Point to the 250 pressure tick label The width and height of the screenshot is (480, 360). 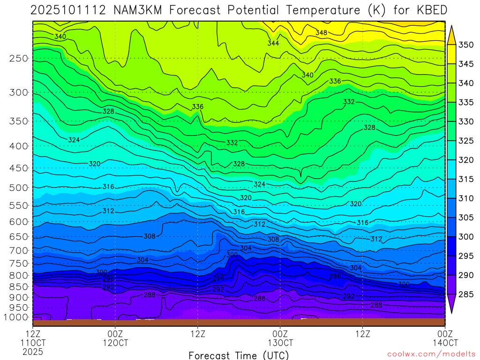(x=18, y=59)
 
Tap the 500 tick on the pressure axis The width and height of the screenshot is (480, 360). (x=18, y=187)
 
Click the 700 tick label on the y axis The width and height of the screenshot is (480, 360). (x=18, y=250)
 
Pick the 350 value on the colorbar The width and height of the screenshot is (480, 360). (x=465, y=45)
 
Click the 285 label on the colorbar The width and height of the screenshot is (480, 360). (x=465, y=294)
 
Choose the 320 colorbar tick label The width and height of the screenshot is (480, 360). (x=465, y=160)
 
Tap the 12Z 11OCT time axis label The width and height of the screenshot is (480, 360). (x=32, y=338)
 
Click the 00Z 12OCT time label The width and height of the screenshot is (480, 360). (x=115, y=338)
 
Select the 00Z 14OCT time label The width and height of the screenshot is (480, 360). (x=445, y=338)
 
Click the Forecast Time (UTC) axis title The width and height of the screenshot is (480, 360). (x=239, y=355)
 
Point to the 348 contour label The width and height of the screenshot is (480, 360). (x=321, y=32)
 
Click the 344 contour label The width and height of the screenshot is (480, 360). (x=273, y=43)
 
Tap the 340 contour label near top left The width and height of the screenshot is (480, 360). (x=60, y=37)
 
